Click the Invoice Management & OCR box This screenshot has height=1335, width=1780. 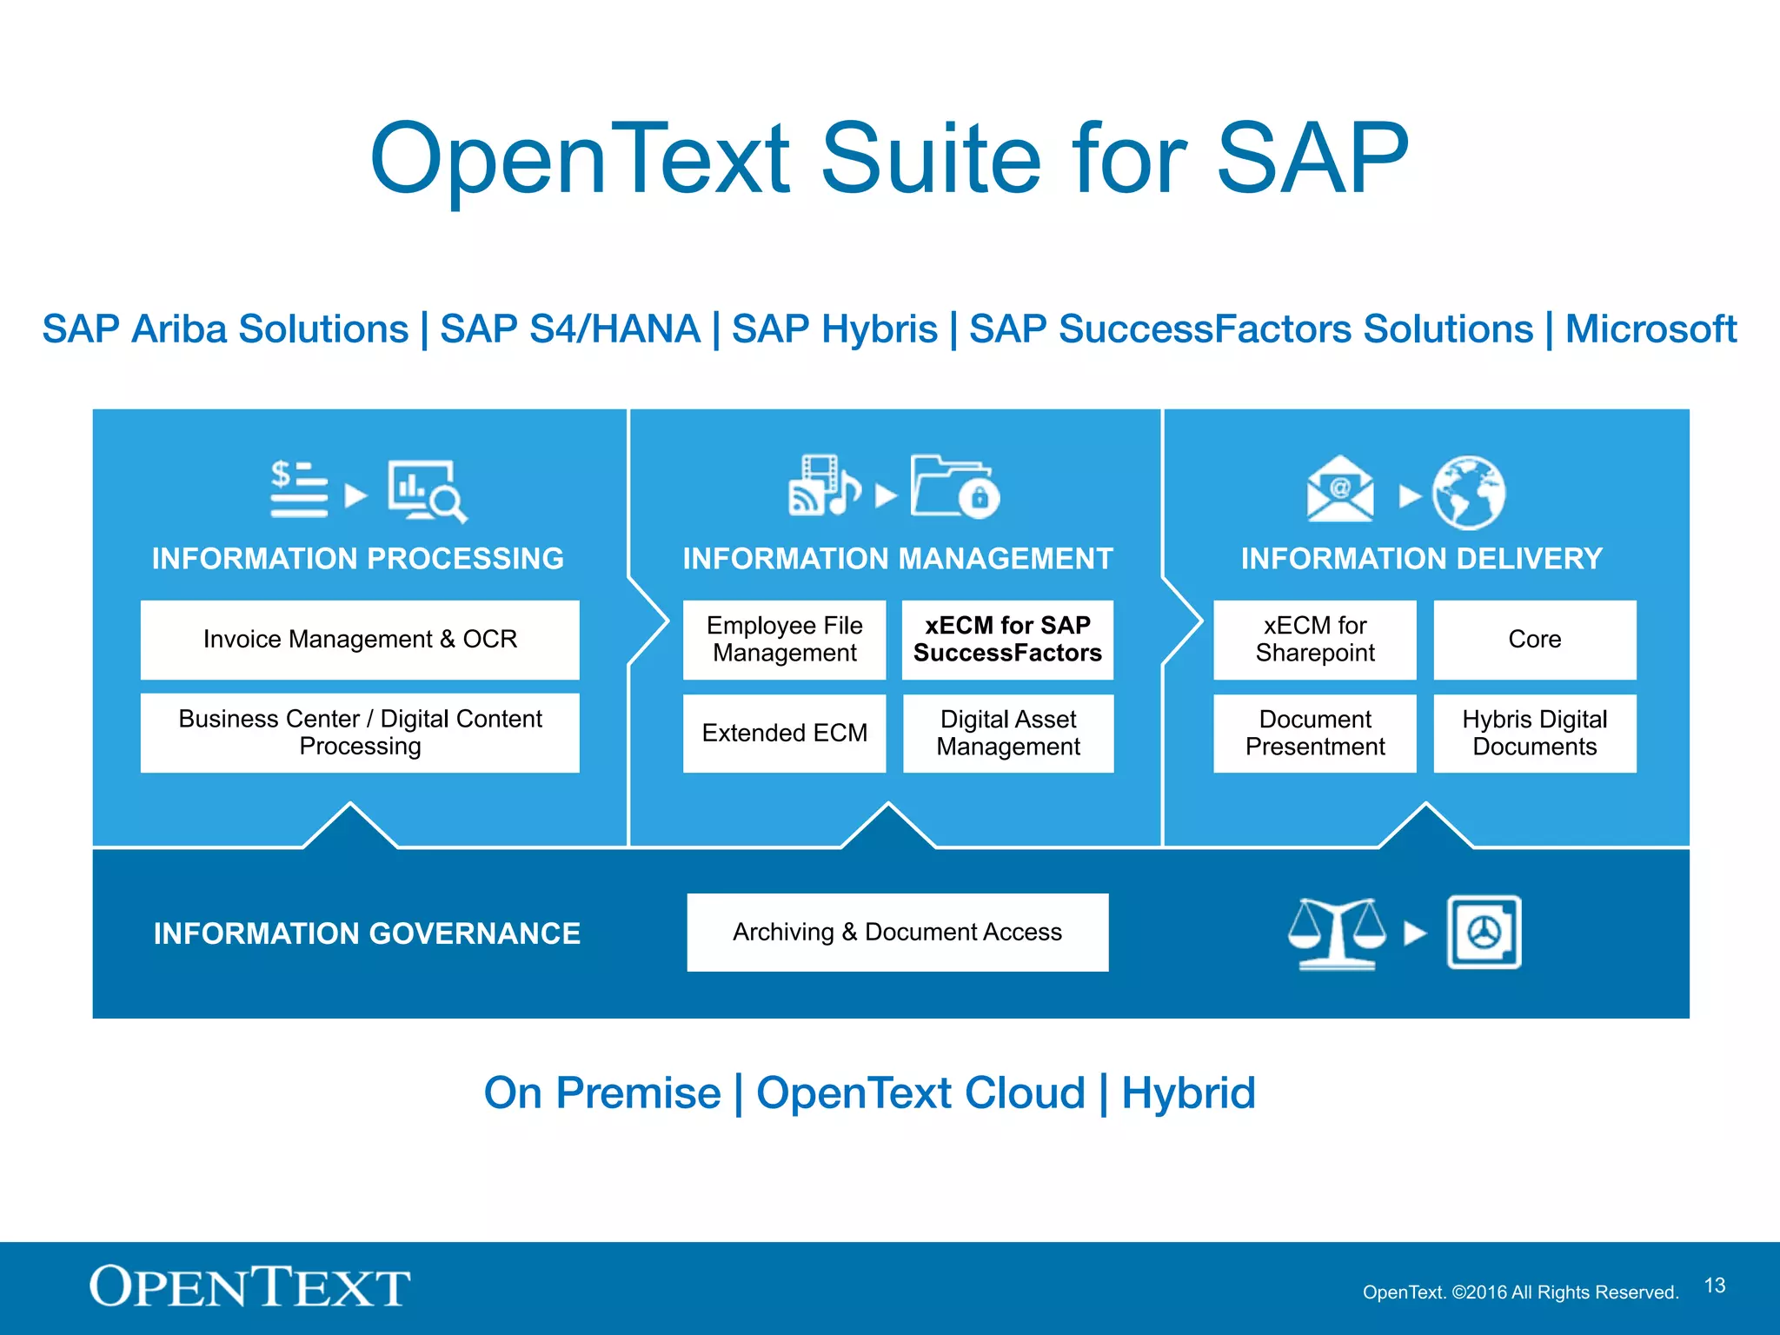click(x=360, y=640)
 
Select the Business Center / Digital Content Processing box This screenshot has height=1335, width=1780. click(x=360, y=733)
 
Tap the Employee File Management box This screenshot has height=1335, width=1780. click(x=784, y=640)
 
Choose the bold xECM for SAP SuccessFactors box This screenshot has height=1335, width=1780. click(x=1007, y=640)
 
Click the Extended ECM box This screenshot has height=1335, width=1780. click(x=784, y=733)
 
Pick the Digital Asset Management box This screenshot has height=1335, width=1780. click(x=1007, y=733)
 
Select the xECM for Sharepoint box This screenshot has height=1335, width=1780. click(x=1314, y=640)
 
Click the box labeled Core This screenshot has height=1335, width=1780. click(x=1534, y=640)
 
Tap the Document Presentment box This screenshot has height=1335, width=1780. click(x=1314, y=733)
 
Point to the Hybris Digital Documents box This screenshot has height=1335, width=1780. click(x=1534, y=733)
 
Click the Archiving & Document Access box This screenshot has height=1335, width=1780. click(x=897, y=932)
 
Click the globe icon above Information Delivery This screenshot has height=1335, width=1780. click(x=1468, y=493)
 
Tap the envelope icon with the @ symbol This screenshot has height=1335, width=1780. click(x=1339, y=490)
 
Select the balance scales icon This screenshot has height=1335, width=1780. click(x=1337, y=933)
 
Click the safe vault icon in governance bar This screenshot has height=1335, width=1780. click(x=1484, y=932)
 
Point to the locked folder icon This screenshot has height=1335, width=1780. click(x=954, y=487)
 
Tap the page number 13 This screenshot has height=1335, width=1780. click(x=1714, y=1285)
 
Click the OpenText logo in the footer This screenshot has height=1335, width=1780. click(x=249, y=1287)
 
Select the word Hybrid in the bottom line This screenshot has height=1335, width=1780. click(x=1188, y=1093)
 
